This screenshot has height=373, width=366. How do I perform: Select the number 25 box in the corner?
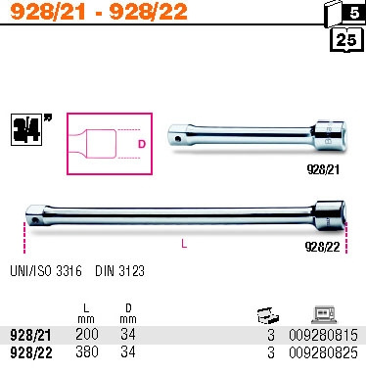click(344, 39)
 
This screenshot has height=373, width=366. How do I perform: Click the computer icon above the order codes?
click(324, 313)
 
